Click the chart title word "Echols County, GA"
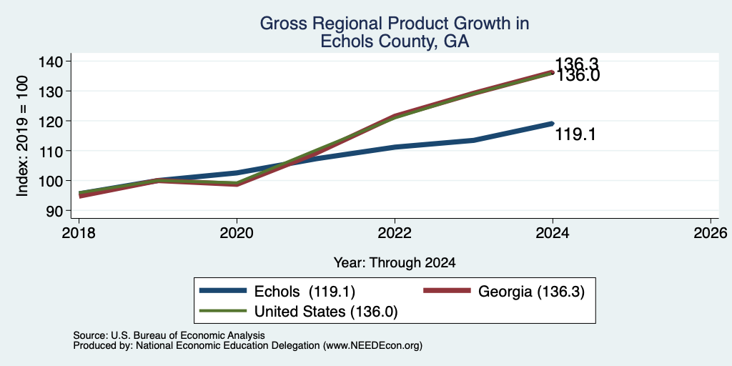pyautogui.click(x=395, y=41)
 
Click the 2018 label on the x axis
pyautogui.click(x=79, y=232)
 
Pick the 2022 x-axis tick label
pyautogui.click(x=395, y=232)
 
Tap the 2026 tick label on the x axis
pyautogui.click(x=711, y=232)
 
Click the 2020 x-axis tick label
pyautogui.click(x=237, y=232)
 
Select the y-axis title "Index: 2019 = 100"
pyautogui.click(x=22, y=136)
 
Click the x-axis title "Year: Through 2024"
pyautogui.click(x=395, y=263)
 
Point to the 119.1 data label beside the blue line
pyautogui.click(x=575, y=135)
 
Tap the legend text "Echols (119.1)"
pyautogui.click(x=305, y=292)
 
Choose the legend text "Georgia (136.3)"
pyautogui.click(x=531, y=292)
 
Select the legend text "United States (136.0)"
pyautogui.click(x=326, y=312)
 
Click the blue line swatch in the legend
pyautogui.click(x=223, y=291)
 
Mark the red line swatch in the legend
pyautogui.click(x=447, y=291)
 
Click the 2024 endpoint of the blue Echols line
pyautogui.click(x=553, y=123)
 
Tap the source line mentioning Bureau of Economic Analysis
pyautogui.click(x=169, y=335)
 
